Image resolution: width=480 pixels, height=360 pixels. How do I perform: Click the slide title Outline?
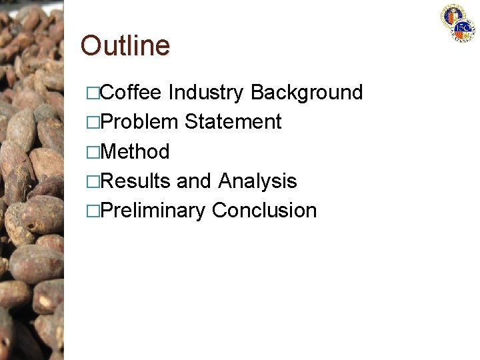(x=125, y=45)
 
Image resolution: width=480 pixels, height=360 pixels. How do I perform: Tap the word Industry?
(x=207, y=92)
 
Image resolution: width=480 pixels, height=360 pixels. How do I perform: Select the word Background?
(x=307, y=92)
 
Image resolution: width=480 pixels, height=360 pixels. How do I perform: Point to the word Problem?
(x=139, y=122)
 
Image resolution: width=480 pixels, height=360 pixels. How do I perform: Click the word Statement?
(x=233, y=122)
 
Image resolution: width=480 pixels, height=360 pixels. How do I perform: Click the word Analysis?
(x=257, y=181)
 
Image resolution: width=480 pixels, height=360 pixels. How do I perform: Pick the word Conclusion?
(x=264, y=211)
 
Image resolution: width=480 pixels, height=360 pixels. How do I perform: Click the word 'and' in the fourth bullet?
(x=194, y=181)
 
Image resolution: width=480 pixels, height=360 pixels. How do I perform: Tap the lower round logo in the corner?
(x=464, y=29)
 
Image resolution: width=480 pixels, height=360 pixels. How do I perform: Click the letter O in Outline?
(x=91, y=45)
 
